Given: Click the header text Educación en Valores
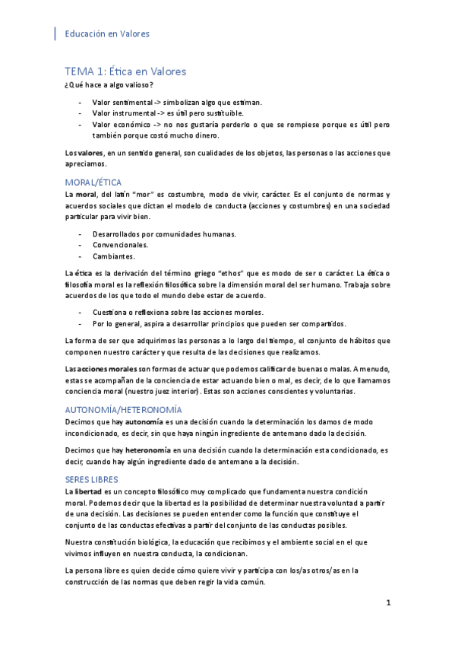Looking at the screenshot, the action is tap(107, 33).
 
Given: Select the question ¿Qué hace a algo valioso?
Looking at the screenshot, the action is tap(109, 84).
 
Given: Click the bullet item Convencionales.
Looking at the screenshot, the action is tap(120, 245).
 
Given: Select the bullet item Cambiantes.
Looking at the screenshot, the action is tap(114, 256).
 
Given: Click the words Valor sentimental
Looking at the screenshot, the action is tap(122, 102).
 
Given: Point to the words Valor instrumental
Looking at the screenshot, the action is tap(123, 113).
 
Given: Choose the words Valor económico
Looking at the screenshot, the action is tap(121, 124).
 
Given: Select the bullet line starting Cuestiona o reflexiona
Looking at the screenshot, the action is tap(178, 313).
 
